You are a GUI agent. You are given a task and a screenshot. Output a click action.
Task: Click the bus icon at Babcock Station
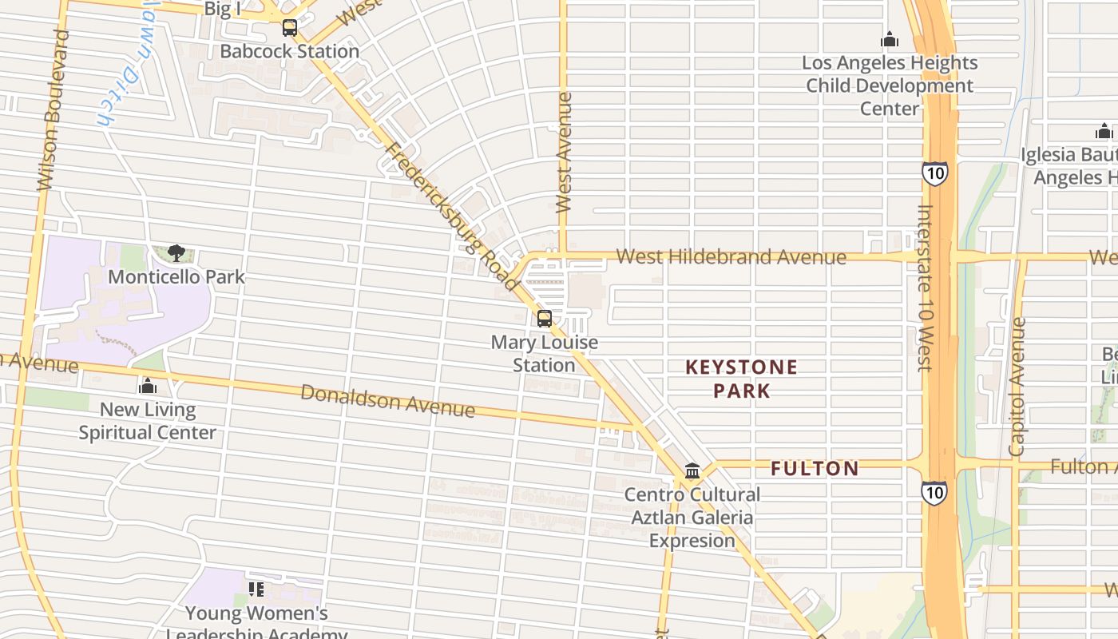click(290, 29)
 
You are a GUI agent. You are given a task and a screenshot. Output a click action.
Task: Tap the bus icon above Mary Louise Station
click(545, 319)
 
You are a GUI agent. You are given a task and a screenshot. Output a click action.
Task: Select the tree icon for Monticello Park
click(176, 254)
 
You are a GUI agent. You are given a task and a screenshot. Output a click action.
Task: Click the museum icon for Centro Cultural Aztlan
click(692, 470)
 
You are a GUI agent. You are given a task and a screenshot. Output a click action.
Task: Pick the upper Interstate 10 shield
click(934, 173)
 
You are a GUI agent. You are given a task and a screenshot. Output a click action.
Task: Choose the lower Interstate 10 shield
click(934, 491)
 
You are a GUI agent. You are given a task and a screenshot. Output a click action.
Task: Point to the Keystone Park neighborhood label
click(742, 379)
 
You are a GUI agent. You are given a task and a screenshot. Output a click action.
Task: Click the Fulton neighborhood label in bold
click(815, 469)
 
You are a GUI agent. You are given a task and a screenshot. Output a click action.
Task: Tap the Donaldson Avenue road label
click(388, 400)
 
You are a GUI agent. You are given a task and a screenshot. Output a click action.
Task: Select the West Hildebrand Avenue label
click(731, 257)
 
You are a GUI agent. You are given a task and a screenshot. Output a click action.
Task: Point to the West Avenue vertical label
click(565, 152)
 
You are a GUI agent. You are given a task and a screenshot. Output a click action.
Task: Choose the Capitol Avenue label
click(1017, 387)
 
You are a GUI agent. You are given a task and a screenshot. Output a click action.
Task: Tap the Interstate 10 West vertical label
click(925, 288)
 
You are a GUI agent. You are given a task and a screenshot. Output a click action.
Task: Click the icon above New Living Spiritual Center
click(148, 387)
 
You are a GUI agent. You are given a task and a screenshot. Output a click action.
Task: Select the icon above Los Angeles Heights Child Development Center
click(890, 40)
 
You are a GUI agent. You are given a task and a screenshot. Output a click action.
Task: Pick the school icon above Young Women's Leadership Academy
click(256, 589)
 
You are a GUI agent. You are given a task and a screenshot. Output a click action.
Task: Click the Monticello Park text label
click(176, 277)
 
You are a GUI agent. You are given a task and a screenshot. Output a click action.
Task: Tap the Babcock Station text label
click(290, 52)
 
